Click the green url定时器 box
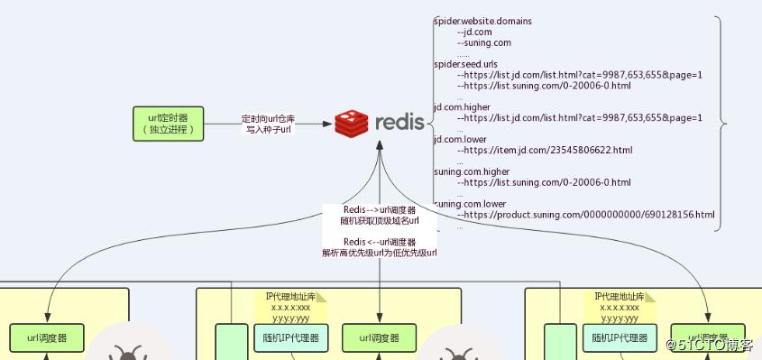click(x=168, y=124)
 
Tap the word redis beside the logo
click(x=399, y=123)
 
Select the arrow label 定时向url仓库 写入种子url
click(x=268, y=125)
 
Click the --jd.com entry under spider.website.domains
click(x=479, y=31)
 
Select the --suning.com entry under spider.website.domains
click(x=485, y=42)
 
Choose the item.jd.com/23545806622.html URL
click(x=545, y=151)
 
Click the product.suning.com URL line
click(x=586, y=215)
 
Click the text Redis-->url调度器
click(x=379, y=210)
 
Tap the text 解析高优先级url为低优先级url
click(x=379, y=254)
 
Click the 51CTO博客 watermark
click(x=710, y=345)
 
